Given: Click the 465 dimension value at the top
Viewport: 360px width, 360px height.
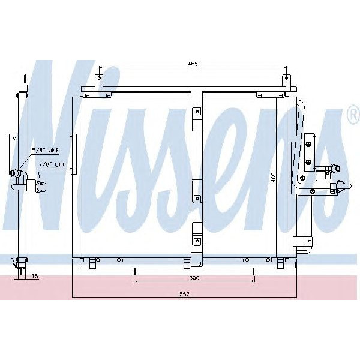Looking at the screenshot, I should point(191,63).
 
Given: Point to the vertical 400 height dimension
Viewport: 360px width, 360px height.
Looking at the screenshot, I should point(273,178).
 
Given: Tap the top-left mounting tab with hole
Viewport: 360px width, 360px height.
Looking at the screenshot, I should point(100,80).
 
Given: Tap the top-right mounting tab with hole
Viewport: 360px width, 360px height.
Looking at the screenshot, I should point(287,80).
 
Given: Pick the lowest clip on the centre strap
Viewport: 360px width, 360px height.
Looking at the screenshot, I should point(197,238).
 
